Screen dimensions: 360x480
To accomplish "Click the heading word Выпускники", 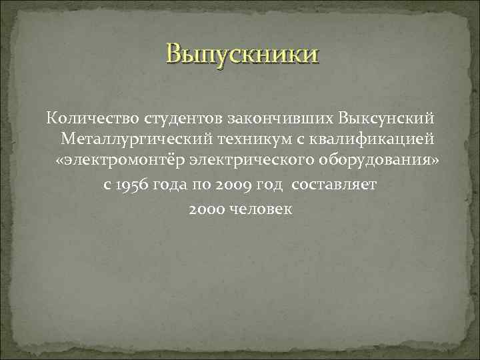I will (243, 54).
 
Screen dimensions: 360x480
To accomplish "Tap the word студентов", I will (184, 119).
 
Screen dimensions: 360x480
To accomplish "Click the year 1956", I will (131, 185).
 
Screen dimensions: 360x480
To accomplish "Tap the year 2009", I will (235, 185).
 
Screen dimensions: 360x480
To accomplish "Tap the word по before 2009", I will (202, 185).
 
